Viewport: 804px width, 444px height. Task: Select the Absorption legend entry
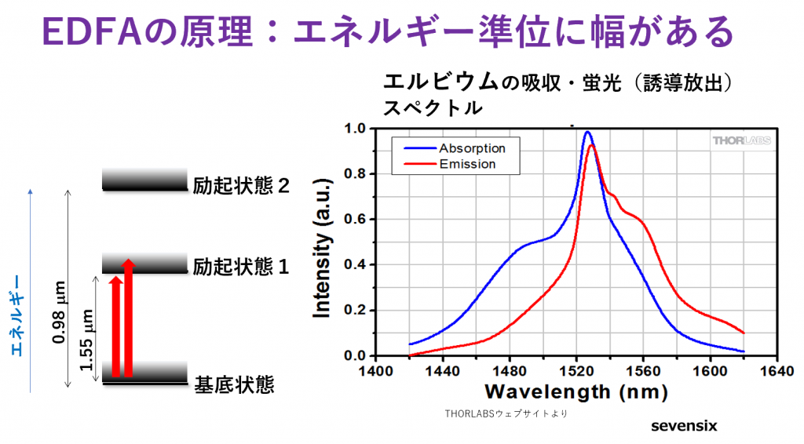pyautogui.click(x=471, y=148)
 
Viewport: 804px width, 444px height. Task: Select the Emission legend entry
pyautogui.click(x=467, y=164)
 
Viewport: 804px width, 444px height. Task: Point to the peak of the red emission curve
pyautogui.click(x=591, y=145)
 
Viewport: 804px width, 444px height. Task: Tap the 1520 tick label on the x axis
pyautogui.click(x=576, y=371)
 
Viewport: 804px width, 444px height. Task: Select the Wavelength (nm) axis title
pyautogui.click(x=576, y=391)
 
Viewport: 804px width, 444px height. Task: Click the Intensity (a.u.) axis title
pyautogui.click(x=322, y=242)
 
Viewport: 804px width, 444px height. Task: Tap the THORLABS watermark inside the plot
pyautogui.click(x=740, y=140)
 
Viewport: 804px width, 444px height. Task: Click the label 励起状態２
pyautogui.click(x=242, y=187)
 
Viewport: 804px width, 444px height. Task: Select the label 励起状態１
pyautogui.click(x=242, y=267)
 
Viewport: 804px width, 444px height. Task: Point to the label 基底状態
pyautogui.click(x=234, y=385)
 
